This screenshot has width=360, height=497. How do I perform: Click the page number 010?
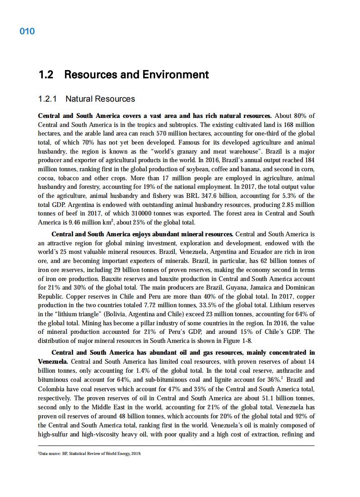(x=27, y=31)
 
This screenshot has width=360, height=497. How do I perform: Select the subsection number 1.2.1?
(x=49, y=99)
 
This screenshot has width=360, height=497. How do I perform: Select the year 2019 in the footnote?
(x=136, y=453)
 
